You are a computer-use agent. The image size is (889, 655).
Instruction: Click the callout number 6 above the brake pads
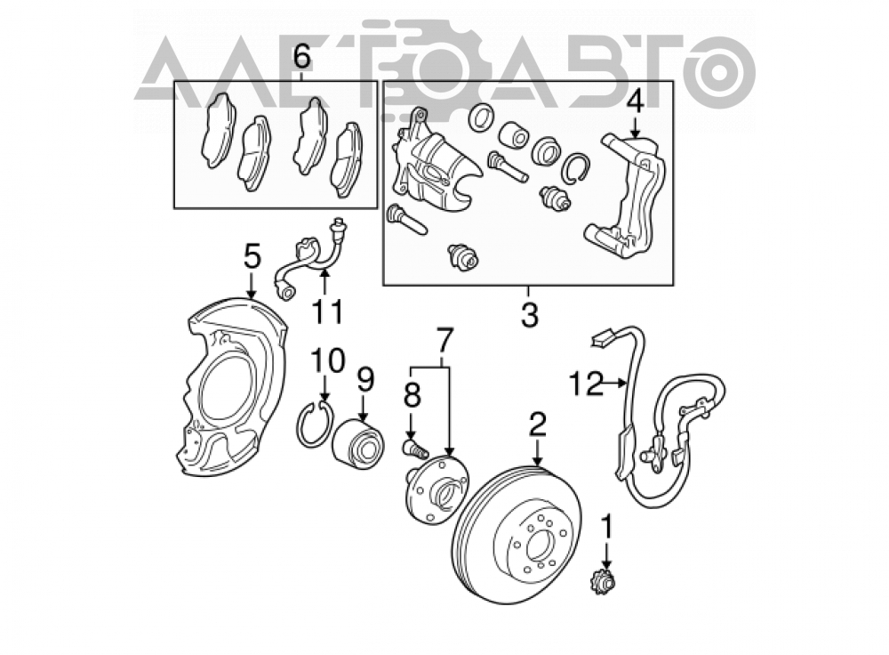point(301,57)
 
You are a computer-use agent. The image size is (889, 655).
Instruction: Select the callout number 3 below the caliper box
point(529,314)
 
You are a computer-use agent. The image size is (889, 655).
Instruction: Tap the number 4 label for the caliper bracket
point(635,104)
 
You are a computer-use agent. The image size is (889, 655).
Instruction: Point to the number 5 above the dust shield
point(252,256)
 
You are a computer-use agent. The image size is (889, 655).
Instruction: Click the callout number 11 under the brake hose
point(328,311)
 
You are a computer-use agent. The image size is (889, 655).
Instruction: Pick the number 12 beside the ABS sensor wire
point(586,384)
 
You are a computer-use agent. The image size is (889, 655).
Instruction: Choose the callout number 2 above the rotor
point(537,425)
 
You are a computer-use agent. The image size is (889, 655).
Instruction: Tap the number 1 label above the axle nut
point(607,527)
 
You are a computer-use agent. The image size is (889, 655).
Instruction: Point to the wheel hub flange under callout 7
point(437,485)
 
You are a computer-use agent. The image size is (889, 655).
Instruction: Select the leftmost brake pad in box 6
point(218,130)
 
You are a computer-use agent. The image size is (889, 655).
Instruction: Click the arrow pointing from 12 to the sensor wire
point(615,384)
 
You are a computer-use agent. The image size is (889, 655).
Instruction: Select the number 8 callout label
point(412,396)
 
